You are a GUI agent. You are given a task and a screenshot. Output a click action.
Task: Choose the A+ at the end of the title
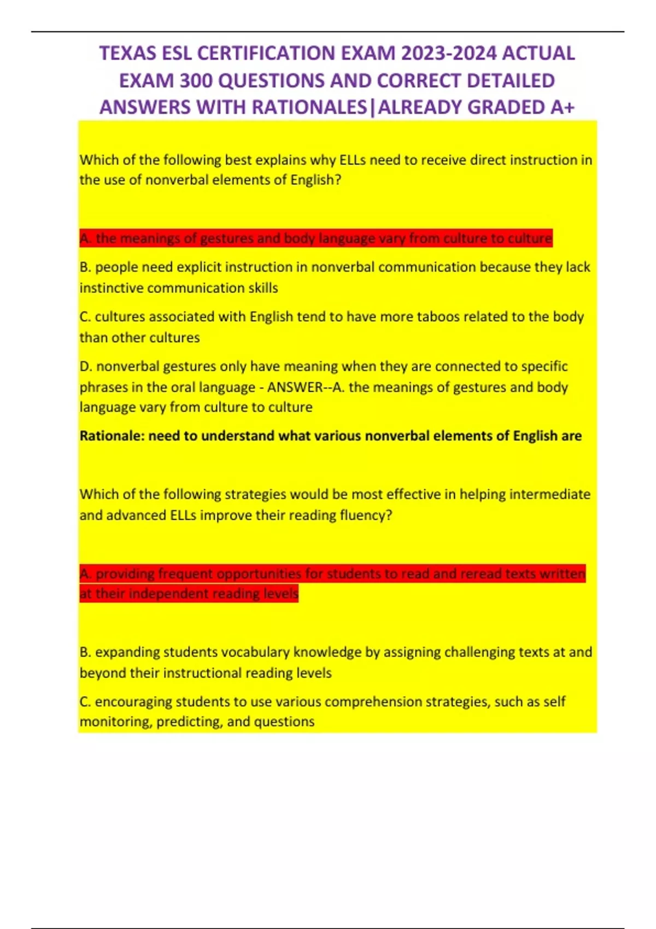563,107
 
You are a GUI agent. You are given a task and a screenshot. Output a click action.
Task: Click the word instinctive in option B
112,288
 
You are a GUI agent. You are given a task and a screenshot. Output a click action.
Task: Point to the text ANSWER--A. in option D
306,387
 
